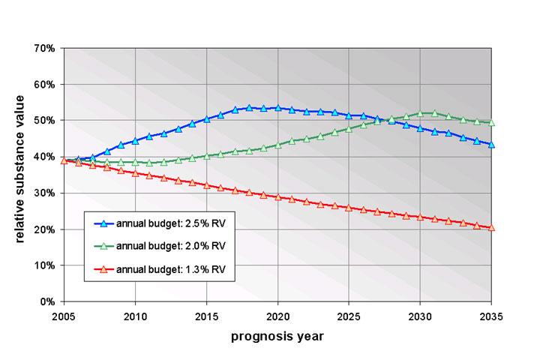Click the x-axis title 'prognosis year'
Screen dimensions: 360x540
click(x=277, y=336)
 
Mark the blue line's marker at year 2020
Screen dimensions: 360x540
click(x=277, y=108)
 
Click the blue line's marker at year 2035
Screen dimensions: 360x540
click(x=491, y=145)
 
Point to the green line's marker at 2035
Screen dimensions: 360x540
click(x=491, y=123)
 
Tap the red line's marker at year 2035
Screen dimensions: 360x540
click(x=491, y=227)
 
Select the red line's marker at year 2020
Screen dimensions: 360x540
click(x=277, y=197)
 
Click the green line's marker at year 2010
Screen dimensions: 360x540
click(x=135, y=162)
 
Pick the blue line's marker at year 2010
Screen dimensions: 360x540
click(x=135, y=140)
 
